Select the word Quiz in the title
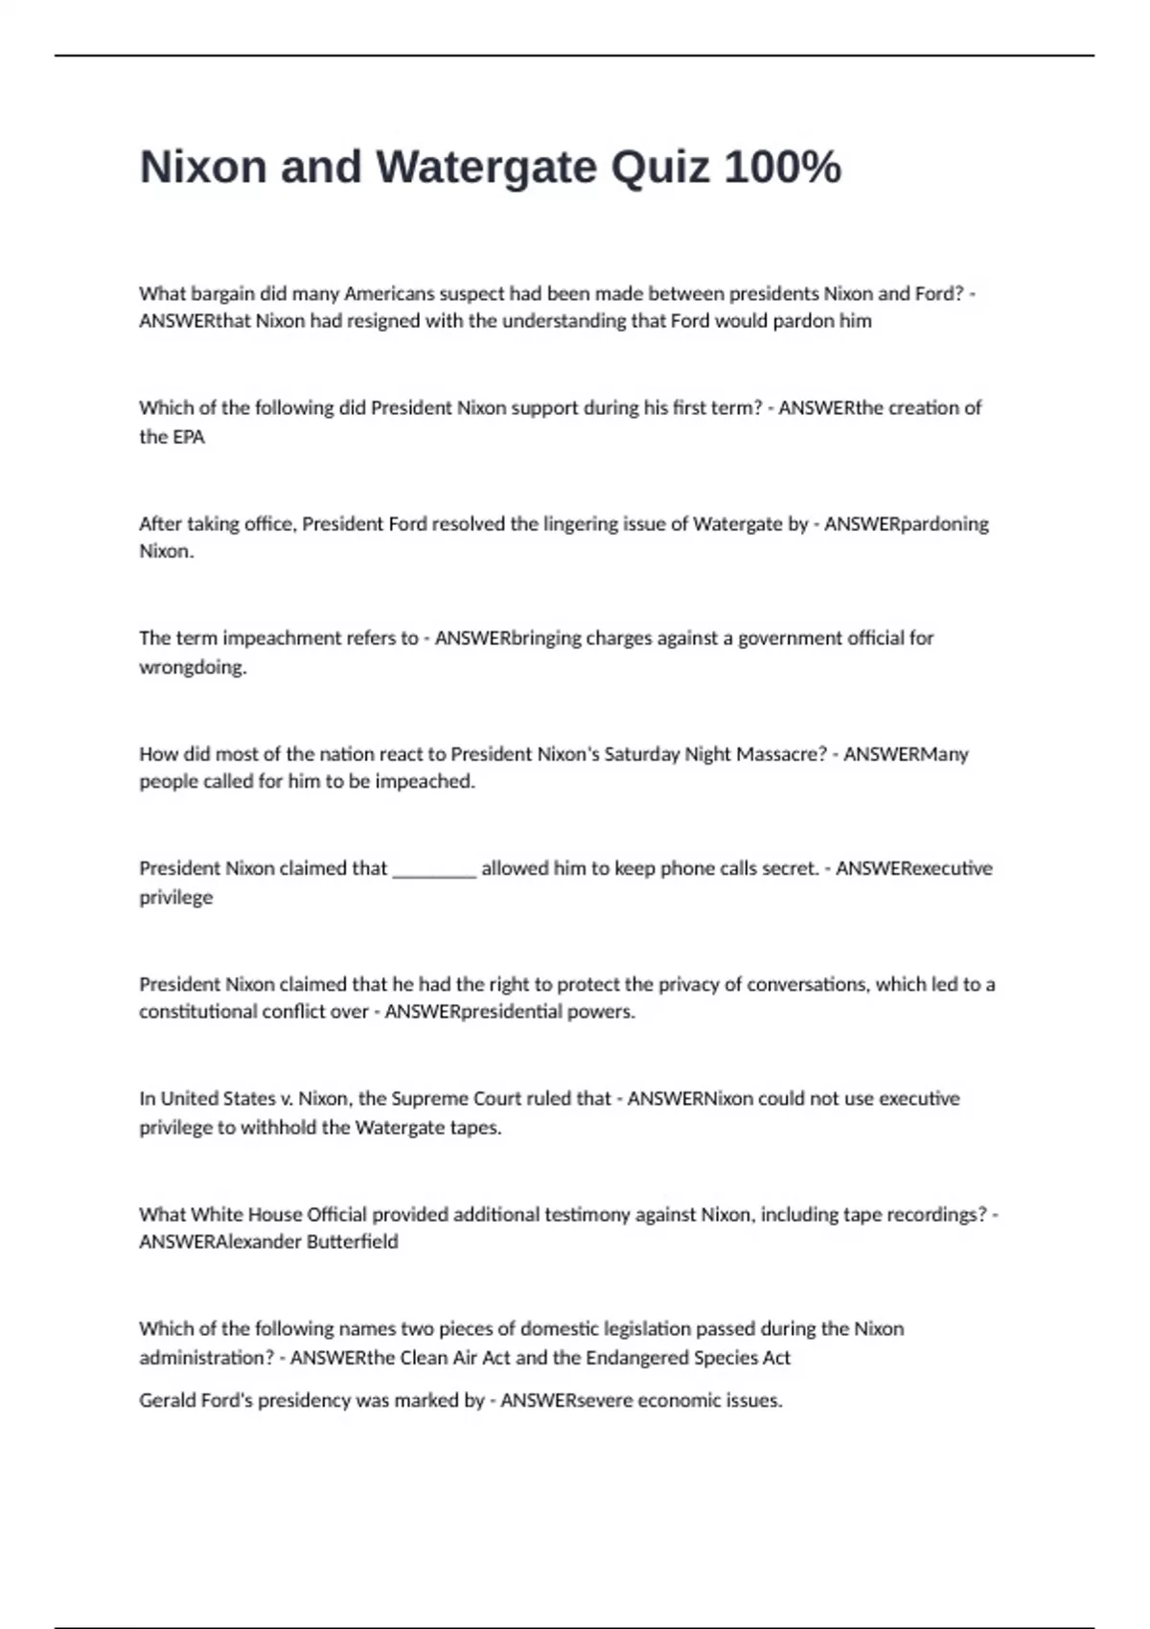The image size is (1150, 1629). click(660, 168)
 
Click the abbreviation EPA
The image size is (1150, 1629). click(189, 437)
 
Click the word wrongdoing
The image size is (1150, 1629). click(193, 667)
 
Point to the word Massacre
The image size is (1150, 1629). click(775, 754)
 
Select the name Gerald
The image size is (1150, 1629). click(167, 1401)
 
